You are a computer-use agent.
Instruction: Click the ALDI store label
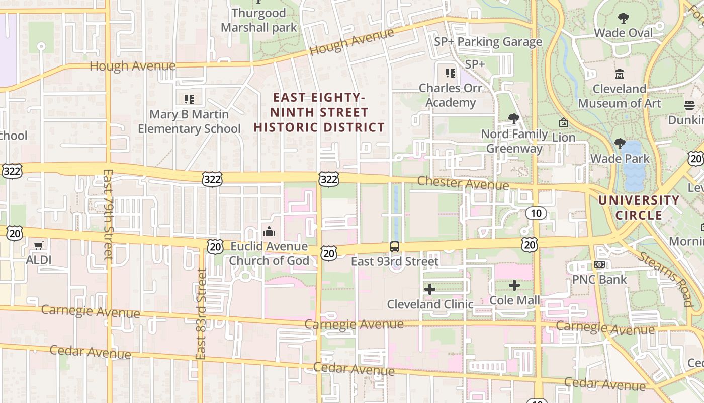(39, 260)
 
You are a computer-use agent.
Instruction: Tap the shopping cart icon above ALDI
(39, 246)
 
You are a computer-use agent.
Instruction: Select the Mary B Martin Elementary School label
(189, 121)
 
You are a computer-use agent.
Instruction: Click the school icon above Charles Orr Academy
(450, 73)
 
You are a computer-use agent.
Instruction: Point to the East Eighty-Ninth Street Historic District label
(319, 112)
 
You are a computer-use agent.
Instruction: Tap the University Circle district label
(639, 208)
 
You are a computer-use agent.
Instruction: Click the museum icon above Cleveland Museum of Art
(620, 74)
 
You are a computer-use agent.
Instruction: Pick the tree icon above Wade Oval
(624, 19)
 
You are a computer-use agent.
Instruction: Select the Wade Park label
(620, 159)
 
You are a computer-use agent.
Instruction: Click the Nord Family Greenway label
(514, 141)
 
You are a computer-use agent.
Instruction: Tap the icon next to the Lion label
(563, 122)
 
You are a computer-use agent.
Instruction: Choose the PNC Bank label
(599, 279)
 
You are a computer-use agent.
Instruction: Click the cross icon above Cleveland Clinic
(430, 289)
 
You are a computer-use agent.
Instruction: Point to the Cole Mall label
(514, 300)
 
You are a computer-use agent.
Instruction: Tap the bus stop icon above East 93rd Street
(395, 247)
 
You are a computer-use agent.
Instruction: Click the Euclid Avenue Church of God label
(269, 253)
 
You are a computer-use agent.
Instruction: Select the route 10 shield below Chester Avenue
(536, 213)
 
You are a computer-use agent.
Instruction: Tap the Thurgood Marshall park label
(259, 20)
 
